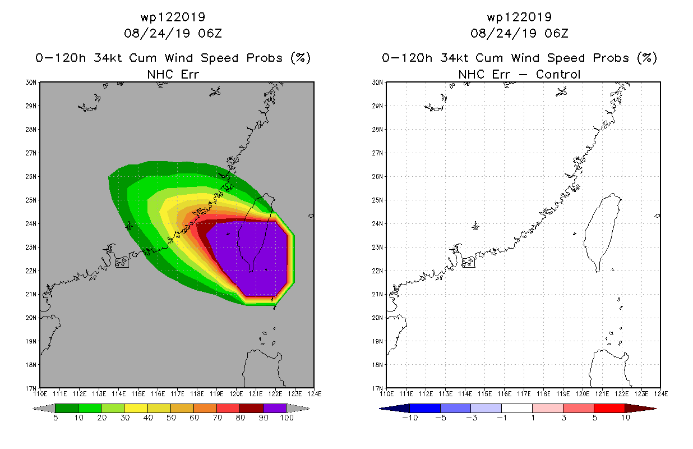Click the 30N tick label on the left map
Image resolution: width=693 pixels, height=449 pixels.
31,83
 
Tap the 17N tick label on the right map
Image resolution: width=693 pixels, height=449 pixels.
377,388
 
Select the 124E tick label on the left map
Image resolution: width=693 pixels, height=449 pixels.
315,394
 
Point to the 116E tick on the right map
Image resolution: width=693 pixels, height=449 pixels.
504,394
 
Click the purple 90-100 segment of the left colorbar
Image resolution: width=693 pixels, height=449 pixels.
275,408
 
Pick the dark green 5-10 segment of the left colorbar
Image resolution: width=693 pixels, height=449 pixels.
67,408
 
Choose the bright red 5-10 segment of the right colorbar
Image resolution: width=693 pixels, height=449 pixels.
609,408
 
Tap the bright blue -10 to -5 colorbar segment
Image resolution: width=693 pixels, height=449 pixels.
425,408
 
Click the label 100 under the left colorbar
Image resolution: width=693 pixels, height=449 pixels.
287,418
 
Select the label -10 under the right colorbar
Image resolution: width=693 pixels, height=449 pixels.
410,418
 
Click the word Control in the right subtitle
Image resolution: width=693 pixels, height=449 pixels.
558,75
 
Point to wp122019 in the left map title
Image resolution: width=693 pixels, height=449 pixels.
173,17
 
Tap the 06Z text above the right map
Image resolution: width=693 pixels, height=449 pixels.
556,34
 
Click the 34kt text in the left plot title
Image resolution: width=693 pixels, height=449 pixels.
108,58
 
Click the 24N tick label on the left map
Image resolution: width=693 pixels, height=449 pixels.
31,223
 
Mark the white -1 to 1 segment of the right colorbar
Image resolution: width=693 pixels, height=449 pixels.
517,408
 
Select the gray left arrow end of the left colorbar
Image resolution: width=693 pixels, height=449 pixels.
44,409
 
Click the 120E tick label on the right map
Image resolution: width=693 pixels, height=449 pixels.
583,394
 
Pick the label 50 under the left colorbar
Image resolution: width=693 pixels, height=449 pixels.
171,418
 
